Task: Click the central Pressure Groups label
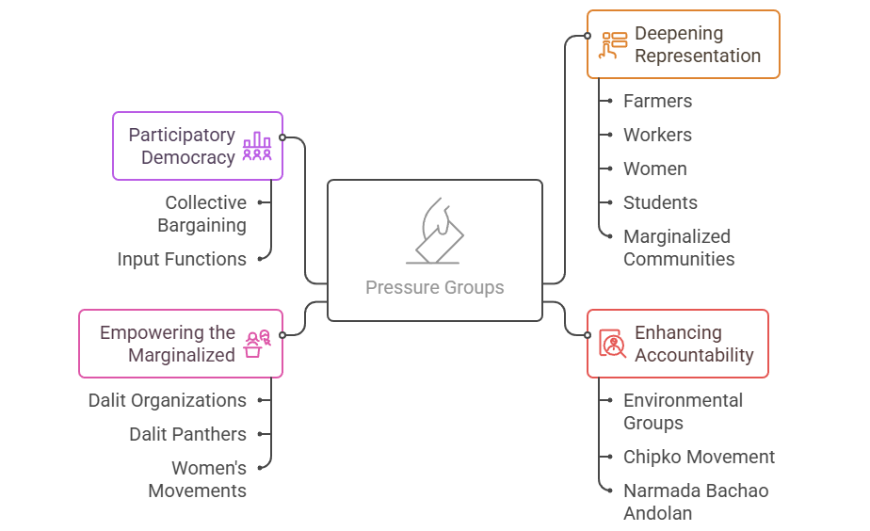point(434,287)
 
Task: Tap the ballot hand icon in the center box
point(434,232)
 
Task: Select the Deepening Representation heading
point(697,44)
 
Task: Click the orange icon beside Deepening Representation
point(614,44)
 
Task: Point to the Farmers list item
point(657,101)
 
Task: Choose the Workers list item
point(657,135)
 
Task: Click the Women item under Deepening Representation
point(654,169)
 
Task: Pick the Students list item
point(660,202)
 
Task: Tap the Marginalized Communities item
point(678,248)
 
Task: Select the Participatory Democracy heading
point(182,146)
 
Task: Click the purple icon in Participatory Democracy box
point(257,146)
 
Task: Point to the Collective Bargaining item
point(204,214)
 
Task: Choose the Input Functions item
point(182,259)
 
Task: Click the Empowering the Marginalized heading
point(168,344)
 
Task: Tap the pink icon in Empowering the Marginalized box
point(257,344)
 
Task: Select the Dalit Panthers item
point(187,434)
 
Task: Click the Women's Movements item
point(197,479)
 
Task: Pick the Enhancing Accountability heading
point(693,344)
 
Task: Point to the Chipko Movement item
point(699,457)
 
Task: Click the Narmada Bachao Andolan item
point(695,502)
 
